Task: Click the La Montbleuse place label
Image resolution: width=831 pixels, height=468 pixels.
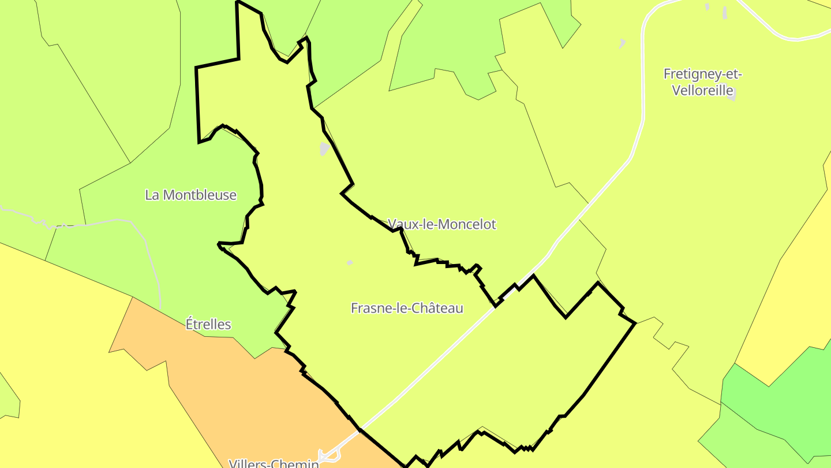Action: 190,195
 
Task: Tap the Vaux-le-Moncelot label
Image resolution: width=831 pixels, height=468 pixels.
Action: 442,224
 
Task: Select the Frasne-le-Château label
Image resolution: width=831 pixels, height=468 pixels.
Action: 407,308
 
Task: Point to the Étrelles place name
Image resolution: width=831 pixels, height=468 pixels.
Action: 208,324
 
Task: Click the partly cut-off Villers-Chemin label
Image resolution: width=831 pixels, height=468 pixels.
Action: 274,463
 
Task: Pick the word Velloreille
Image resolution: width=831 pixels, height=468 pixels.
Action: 702,91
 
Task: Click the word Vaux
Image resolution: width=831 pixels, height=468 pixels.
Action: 401,224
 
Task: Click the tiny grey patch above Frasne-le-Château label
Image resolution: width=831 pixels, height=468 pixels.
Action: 350,263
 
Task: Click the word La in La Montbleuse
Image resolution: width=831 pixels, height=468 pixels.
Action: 152,195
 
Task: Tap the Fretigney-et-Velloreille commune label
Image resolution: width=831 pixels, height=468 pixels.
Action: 702,82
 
